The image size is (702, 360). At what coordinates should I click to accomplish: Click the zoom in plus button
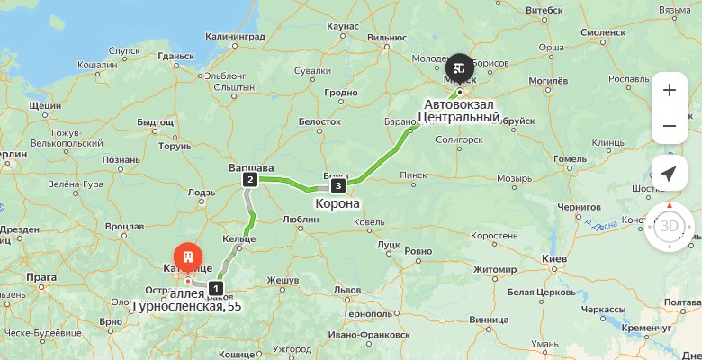click(669, 90)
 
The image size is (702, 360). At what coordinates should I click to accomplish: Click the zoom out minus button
click(669, 126)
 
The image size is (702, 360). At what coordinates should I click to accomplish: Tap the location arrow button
click(669, 173)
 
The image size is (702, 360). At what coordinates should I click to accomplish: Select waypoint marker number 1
click(215, 288)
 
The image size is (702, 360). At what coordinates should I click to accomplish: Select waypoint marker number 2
click(248, 180)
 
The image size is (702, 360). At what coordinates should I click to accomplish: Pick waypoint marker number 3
click(337, 186)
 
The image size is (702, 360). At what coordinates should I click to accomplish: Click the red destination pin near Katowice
click(187, 256)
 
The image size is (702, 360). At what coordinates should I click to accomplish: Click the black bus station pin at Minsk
click(459, 67)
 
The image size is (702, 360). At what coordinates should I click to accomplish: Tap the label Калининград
click(235, 37)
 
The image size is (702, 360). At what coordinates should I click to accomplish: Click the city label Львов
click(347, 290)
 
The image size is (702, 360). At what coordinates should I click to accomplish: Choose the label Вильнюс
click(387, 38)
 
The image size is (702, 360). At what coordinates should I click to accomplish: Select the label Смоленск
click(603, 31)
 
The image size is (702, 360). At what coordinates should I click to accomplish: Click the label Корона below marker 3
click(337, 204)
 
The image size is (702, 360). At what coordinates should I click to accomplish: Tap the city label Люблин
click(301, 219)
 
